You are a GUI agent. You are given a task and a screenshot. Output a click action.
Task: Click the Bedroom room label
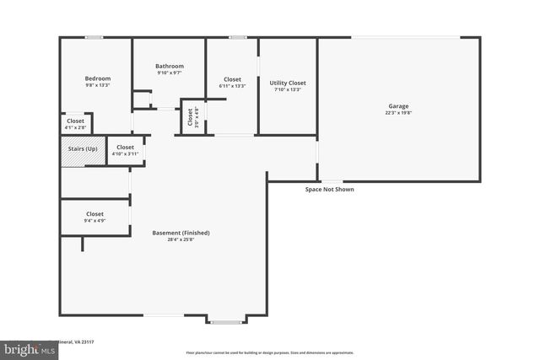(x=98, y=78)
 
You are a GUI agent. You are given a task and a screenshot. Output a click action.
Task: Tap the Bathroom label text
(x=169, y=66)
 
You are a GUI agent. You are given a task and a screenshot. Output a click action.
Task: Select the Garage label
(x=398, y=106)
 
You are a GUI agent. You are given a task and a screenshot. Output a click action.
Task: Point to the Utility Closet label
(x=287, y=83)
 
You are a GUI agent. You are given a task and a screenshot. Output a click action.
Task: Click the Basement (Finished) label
(x=181, y=233)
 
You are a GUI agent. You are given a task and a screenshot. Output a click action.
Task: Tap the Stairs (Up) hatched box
(x=82, y=149)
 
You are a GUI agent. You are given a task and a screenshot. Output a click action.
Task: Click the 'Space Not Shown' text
(x=329, y=190)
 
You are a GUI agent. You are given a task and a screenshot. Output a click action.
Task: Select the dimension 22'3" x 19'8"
(x=398, y=113)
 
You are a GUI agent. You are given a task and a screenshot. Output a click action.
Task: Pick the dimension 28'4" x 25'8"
(x=181, y=239)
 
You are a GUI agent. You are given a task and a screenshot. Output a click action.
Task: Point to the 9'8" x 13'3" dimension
(x=98, y=85)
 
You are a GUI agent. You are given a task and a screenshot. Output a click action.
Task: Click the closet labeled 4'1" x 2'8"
(x=76, y=124)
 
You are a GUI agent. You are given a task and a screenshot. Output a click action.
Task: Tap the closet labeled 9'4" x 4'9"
(x=94, y=217)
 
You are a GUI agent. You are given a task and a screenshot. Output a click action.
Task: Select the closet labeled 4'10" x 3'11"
(x=125, y=151)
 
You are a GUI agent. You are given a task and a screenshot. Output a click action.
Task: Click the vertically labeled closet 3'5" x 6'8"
(x=192, y=118)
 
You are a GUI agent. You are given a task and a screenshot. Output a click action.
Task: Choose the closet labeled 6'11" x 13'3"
(x=232, y=83)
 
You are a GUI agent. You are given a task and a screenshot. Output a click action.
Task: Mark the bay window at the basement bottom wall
(x=226, y=320)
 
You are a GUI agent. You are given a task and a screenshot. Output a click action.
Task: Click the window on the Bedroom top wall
(x=94, y=37)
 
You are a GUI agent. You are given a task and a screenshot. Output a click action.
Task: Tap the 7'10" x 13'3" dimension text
(x=287, y=89)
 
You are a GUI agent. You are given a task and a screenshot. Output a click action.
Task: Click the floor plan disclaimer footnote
(x=270, y=352)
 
